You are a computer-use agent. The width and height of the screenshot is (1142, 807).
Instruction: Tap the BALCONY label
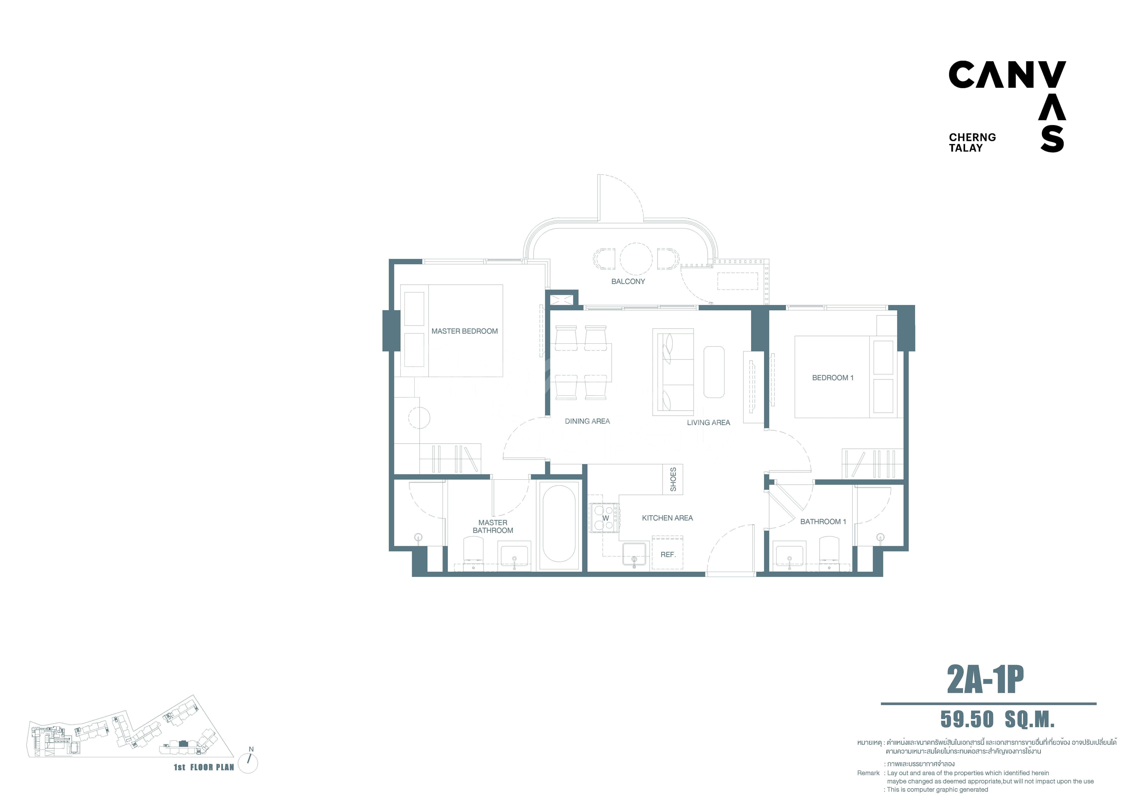[628, 281]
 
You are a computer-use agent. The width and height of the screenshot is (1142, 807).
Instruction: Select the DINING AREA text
[587, 421]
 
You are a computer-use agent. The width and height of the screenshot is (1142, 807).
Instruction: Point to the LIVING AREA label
[708, 423]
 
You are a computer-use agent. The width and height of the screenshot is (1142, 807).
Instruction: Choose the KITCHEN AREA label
[667, 518]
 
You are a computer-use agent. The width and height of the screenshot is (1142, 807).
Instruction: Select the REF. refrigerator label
[668, 555]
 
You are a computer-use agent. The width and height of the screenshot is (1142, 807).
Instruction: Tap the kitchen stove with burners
[604, 518]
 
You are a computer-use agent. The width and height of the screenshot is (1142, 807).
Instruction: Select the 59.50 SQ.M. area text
[997, 720]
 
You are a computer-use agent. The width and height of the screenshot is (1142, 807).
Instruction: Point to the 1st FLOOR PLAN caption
[204, 767]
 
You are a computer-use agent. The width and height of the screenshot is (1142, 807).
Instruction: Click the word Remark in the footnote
[868, 773]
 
